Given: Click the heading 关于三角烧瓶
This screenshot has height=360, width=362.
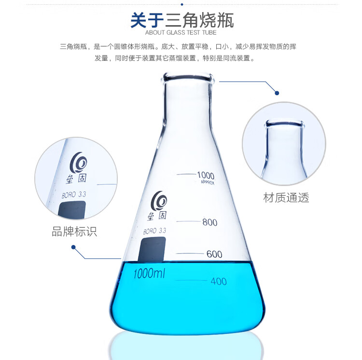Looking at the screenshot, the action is point(182,20).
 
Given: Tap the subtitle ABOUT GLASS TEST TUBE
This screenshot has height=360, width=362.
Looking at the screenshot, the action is point(181,32).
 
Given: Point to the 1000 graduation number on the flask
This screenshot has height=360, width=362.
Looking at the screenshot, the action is point(206,175).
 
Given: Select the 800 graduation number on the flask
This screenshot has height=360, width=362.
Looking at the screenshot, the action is point(209,222).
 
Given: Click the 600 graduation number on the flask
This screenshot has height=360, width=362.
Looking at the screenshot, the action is point(214,254).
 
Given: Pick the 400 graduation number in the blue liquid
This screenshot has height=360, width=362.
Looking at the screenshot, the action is point(218,281).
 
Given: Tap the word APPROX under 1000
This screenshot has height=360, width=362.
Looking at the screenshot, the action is point(208,182).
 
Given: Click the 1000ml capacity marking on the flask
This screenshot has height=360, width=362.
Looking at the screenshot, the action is point(149,274).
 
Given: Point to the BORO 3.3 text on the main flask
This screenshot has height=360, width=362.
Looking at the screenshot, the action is point(154,231).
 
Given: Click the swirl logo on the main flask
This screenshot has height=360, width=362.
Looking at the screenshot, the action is point(159,201).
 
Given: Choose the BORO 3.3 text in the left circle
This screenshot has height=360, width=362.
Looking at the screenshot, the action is point(74,195).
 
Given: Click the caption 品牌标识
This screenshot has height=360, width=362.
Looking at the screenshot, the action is point(74,231).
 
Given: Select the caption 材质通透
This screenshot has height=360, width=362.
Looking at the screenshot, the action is point(286,198).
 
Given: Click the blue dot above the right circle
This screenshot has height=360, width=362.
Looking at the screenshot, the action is point(277,93).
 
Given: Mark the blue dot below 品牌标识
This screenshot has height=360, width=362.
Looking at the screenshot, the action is point(73,247).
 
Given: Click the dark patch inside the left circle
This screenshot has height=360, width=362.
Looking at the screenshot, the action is point(72,209).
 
